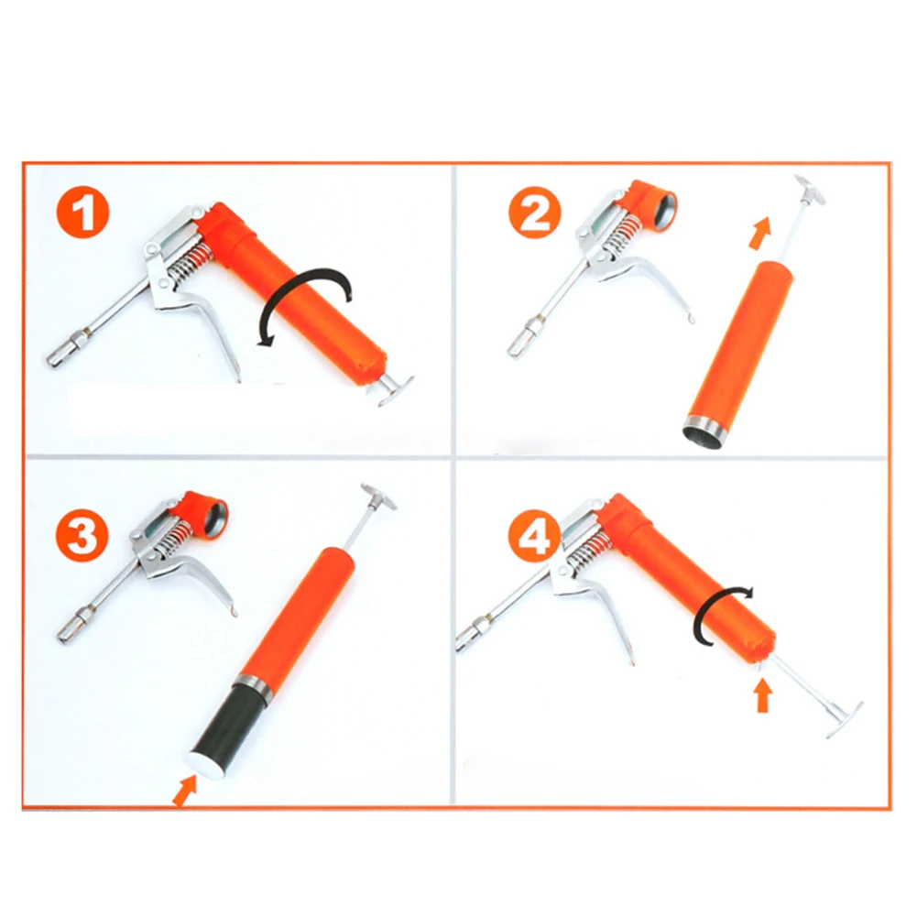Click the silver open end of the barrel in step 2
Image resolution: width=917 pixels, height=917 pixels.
(x=707, y=428)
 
